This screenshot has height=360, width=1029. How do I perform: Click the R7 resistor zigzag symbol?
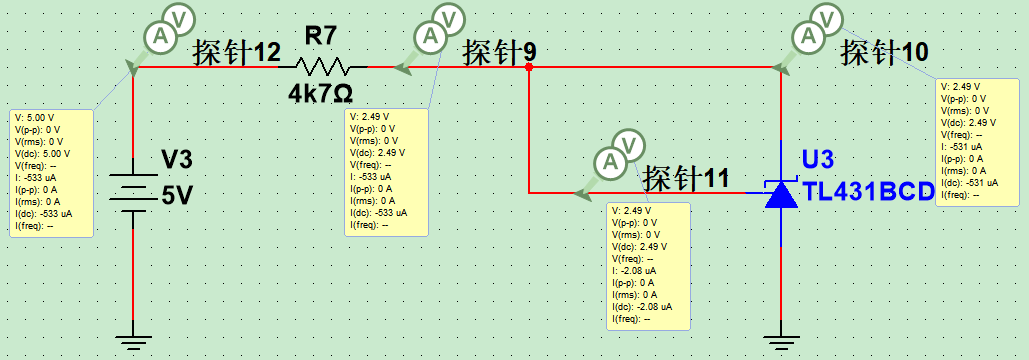pyautogui.click(x=321, y=67)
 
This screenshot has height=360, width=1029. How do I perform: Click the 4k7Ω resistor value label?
pyautogui.click(x=320, y=94)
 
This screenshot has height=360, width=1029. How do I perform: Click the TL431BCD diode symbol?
pyautogui.click(x=780, y=193)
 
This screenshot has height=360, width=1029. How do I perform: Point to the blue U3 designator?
pyautogui.click(x=818, y=161)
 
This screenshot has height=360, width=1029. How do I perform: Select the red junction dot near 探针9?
pyautogui.click(x=529, y=68)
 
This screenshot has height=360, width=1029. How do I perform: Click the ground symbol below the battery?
pyautogui.click(x=134, y=339)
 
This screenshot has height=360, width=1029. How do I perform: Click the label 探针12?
pyautogui.click(x=237, y=52)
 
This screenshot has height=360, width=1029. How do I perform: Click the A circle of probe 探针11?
pyautogui.click(x=608, y=162)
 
